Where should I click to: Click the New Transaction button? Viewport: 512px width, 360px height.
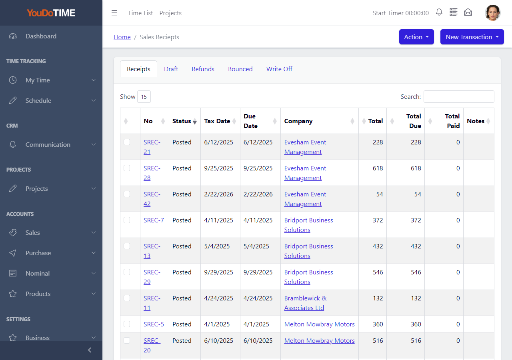point(472,37)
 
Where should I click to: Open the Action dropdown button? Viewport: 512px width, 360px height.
point(416,37)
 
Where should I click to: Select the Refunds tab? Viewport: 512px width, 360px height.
point(203,69)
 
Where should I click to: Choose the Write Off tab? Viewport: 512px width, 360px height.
point(279,69)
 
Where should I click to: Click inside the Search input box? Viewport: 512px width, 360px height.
point(459,96)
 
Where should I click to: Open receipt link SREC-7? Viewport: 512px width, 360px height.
point(154,220)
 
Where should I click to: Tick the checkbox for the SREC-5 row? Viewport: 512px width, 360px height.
point(127,324)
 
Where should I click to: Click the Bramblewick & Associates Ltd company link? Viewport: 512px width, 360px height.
point(305,303)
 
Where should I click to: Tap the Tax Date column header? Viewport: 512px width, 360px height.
point(217,121)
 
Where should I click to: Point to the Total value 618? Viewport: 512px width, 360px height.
point(378,168)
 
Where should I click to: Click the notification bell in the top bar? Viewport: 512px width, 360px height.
point(439,12)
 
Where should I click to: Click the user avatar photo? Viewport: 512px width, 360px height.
point(492,13)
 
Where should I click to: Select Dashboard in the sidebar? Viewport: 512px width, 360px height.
point(41,36)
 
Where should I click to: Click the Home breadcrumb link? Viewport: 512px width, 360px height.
point(122,37)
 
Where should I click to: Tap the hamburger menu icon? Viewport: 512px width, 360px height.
point(114,13)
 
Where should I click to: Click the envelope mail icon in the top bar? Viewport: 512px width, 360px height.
point(468,12)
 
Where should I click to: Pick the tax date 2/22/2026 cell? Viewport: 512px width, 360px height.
point(218,194)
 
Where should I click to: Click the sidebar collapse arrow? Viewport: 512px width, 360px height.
point(90,350)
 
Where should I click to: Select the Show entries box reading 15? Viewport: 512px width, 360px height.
point(144,97)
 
